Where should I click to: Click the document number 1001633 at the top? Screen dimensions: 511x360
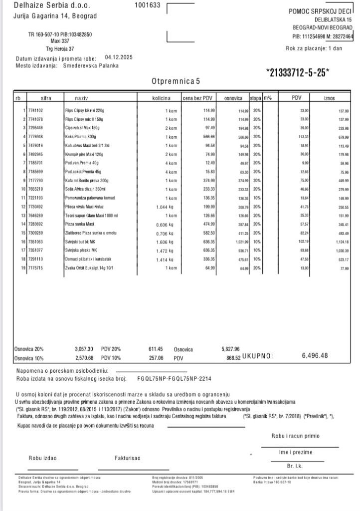148,5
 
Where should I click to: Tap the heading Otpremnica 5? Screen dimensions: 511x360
175,80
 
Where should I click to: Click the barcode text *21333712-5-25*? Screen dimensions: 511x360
297,72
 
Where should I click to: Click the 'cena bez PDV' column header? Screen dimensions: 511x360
198,98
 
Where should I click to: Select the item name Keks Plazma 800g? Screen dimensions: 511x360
79,136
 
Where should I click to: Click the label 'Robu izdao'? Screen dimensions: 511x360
43,458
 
